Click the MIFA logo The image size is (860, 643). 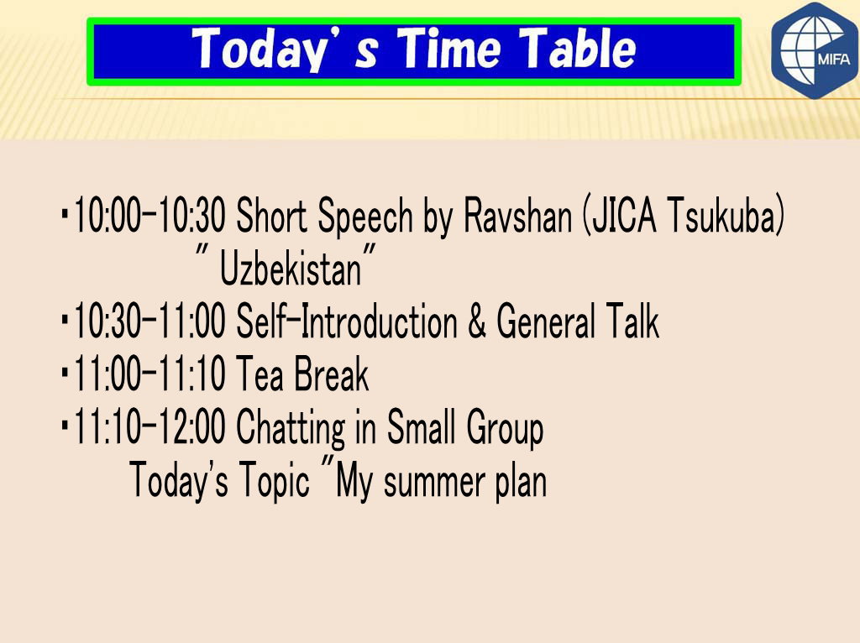coord(815,50)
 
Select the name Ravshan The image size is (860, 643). coord(517,216)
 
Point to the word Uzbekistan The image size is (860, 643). coord(291,269)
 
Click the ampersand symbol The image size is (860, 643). coord(477,321)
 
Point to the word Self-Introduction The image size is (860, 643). coord(347,321)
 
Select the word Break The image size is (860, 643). coord(331,374)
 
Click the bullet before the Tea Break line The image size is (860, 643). coord(66,374)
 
